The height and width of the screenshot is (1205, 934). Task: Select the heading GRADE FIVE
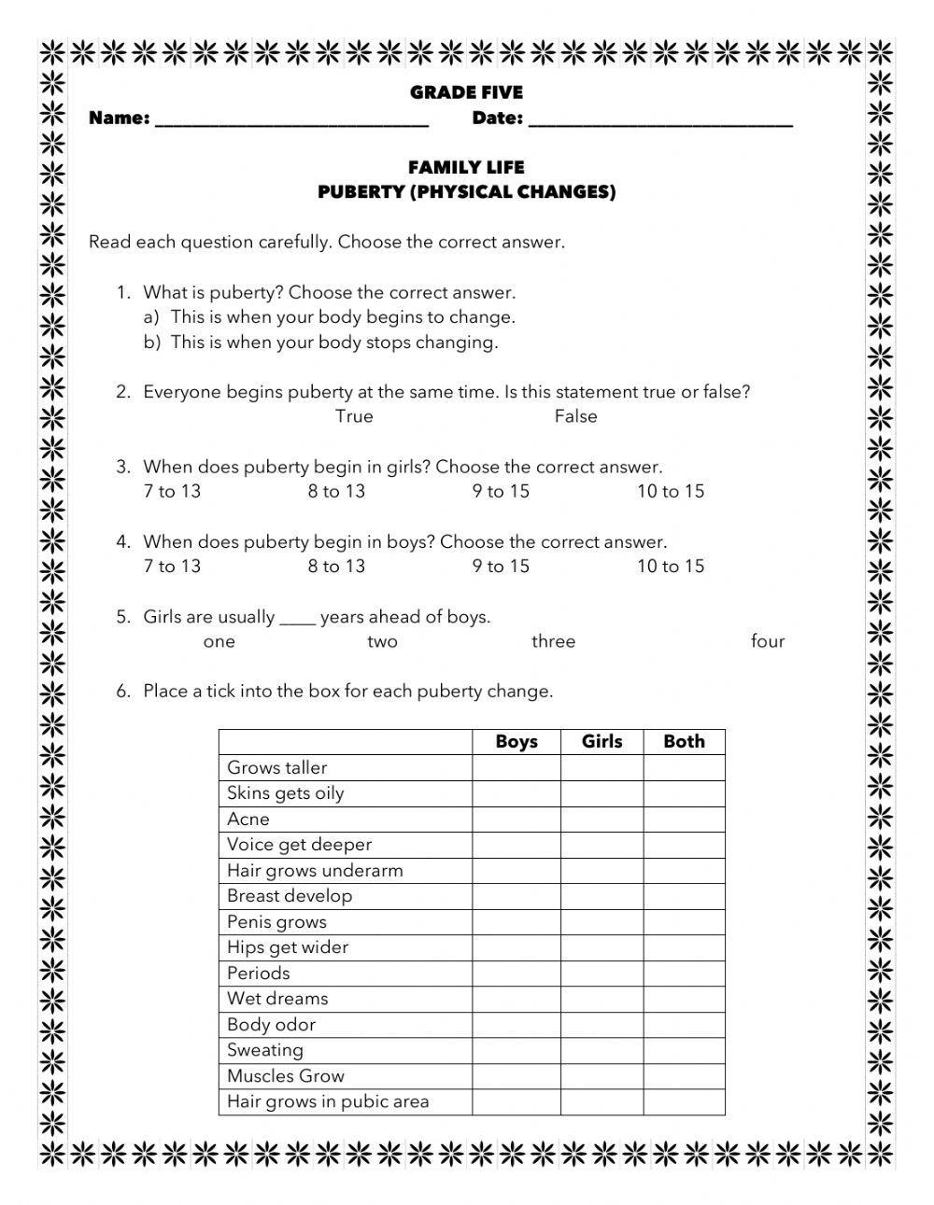466,92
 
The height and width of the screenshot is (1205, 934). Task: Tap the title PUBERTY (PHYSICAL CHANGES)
466,192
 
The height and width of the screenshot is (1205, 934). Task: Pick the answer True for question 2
354,416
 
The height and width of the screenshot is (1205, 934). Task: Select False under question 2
575,416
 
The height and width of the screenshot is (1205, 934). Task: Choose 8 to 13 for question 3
336,491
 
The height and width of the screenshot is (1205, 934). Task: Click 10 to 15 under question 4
671,566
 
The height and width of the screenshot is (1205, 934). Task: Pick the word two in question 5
382,641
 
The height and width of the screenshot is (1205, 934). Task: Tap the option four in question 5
768,641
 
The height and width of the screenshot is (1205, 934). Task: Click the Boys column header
517,742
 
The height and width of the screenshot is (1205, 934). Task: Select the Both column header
684,742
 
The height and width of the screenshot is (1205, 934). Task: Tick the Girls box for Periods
601,974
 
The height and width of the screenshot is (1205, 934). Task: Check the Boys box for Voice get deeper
517,845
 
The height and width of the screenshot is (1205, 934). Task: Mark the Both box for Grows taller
684,768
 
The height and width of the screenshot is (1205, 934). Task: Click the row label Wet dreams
277,999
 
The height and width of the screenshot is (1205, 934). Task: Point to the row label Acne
248,820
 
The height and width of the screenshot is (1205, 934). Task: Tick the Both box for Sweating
684,1050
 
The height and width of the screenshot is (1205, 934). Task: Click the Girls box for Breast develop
601,896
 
